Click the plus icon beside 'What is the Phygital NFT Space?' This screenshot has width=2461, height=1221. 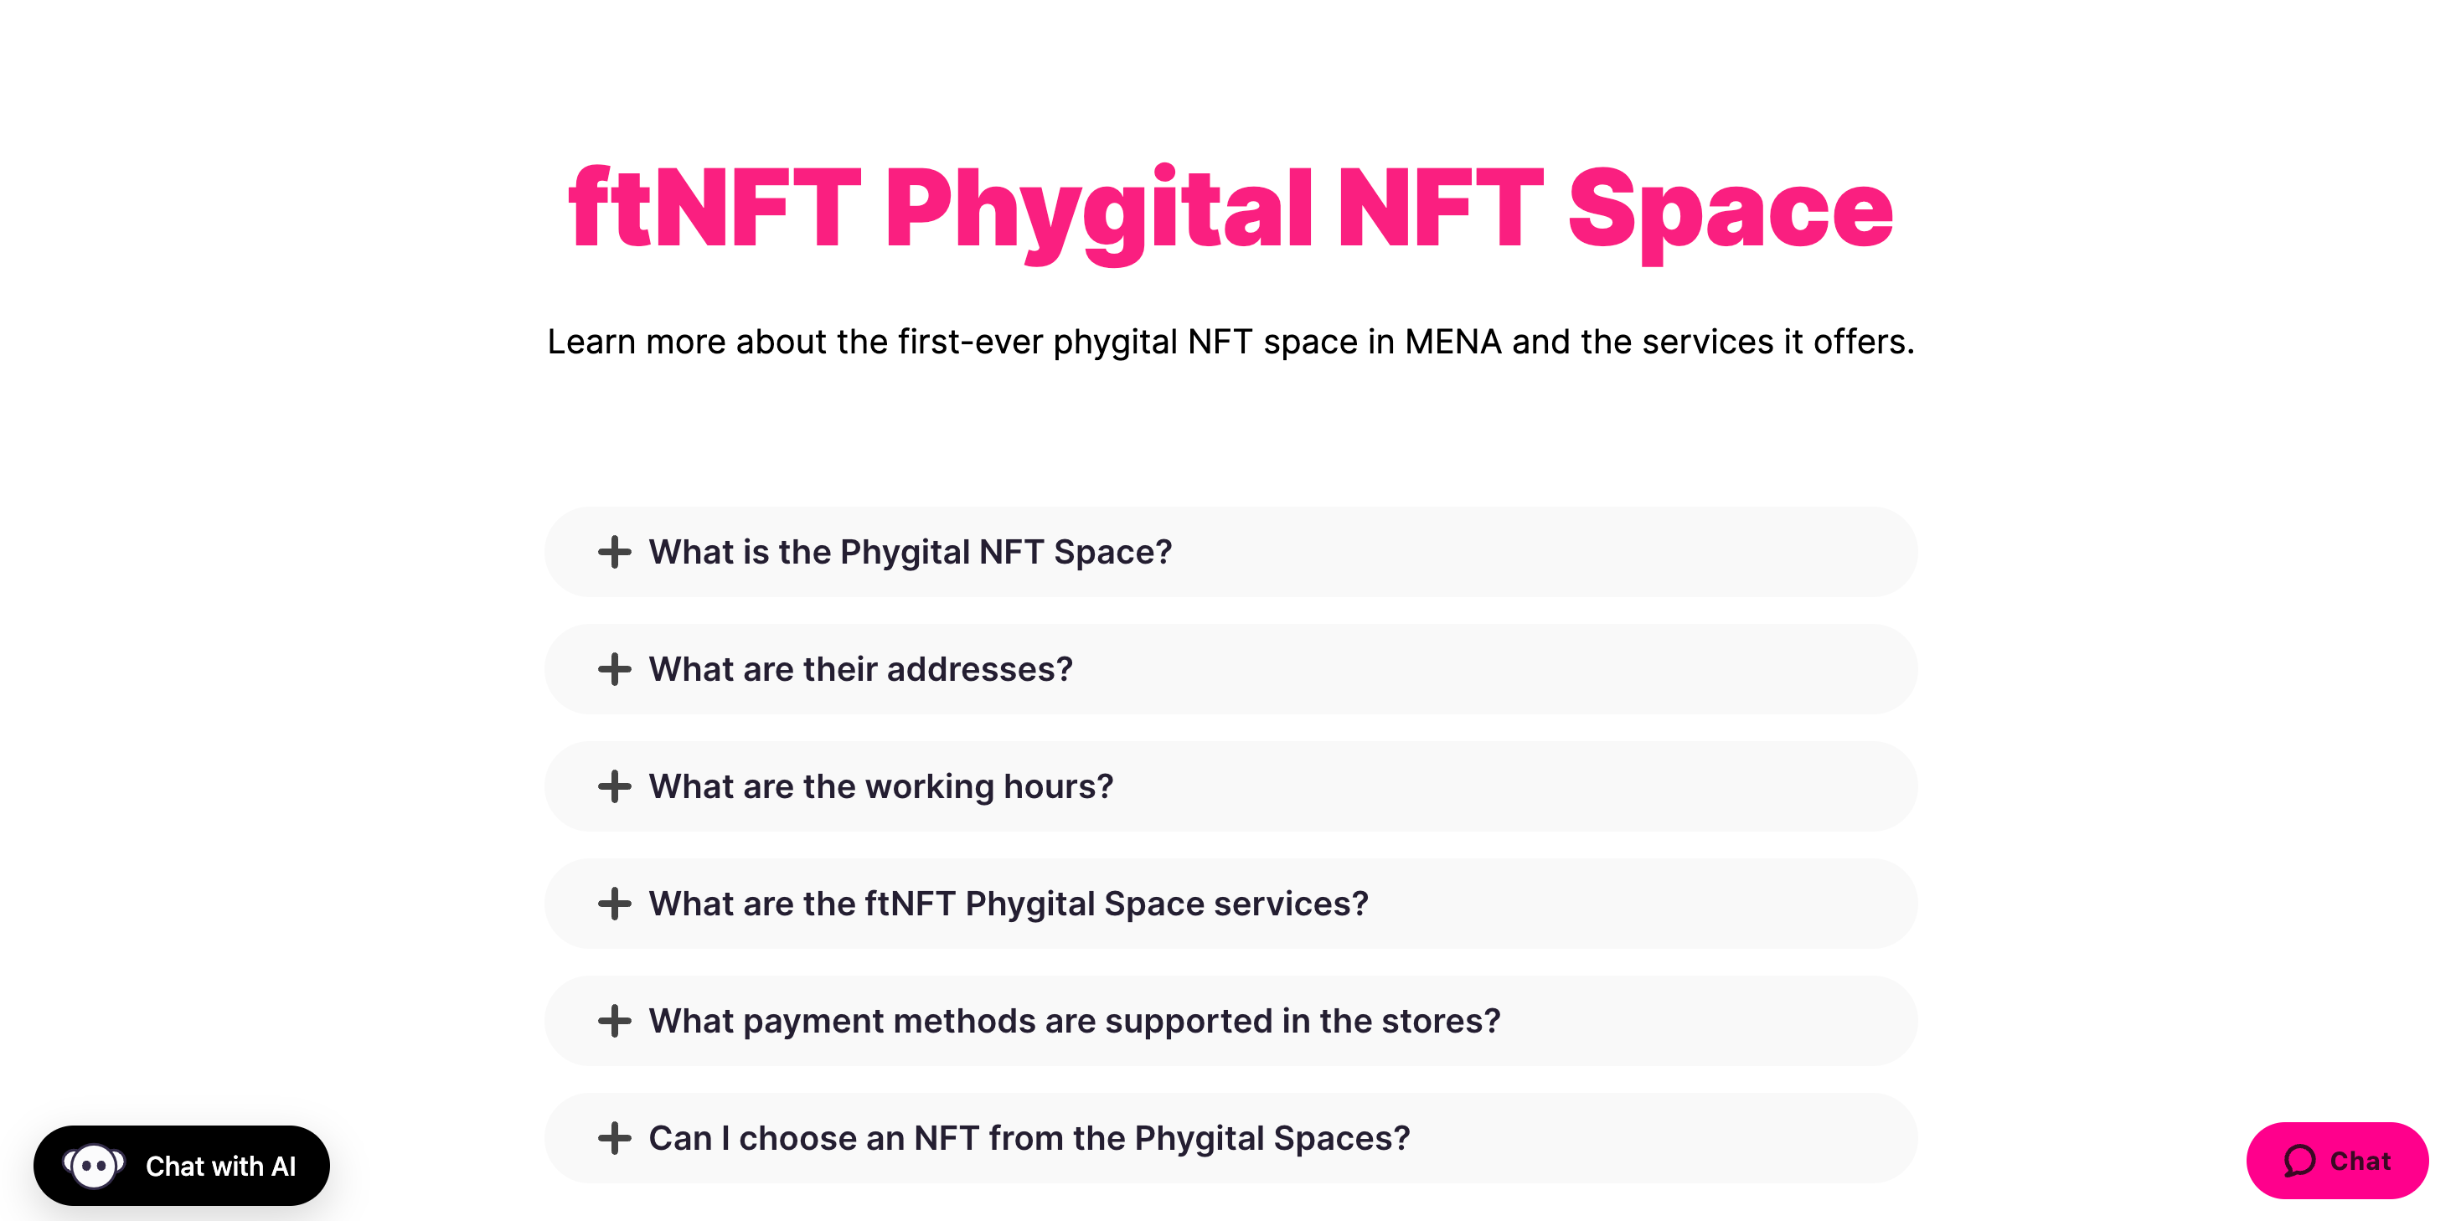pos(614,552)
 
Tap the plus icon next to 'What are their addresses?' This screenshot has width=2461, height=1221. pos(614,670)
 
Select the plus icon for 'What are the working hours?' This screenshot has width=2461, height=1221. pos(614,787)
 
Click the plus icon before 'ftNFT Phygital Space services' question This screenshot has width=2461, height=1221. pos(614,904)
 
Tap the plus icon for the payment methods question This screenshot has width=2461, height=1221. pos(614,1022)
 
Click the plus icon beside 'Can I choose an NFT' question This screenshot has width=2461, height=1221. pos(614,1138)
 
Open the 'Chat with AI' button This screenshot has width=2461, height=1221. pos(182,1166)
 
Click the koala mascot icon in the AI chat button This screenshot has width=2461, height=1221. pos(94,1166)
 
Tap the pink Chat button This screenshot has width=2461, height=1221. pos(2336,1161)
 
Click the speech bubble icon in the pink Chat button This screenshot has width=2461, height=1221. pos(2298,1161)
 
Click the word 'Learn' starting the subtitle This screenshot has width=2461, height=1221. pos(591,342)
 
